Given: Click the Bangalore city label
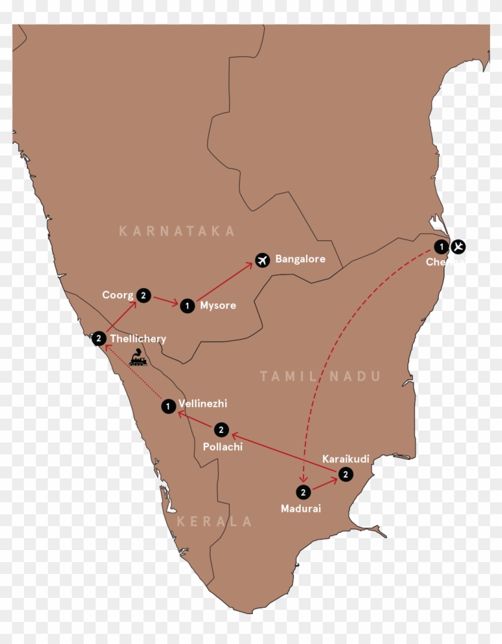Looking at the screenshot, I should [x=300, y=260].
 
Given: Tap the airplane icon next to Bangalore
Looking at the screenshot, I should [x=261, y=260].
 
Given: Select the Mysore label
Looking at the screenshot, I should [x=218, y=306].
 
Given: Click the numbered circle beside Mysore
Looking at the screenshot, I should [x=188, y=306].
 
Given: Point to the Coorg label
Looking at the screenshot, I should [x=118, y=295].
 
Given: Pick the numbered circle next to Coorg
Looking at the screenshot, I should [x=143, y=295].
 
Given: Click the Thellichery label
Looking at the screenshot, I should [x=138, y=339].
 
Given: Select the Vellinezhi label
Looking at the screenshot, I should [x=203, y=404].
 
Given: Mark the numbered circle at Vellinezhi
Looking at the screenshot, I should [x=169, y=407].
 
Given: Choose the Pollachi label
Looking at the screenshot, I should [x=222, y=446].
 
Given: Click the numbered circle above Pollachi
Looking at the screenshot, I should [x=221, y=429].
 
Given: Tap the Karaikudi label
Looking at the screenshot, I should [x=345, y=459].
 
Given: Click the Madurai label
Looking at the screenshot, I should [x=301, y=509].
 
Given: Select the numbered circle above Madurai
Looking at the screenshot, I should [x=304, y=493].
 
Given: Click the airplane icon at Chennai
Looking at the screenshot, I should [x=459, y=246].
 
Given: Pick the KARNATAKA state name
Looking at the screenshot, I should [x=177, y=231].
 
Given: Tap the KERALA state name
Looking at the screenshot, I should [x=215, y=521].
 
